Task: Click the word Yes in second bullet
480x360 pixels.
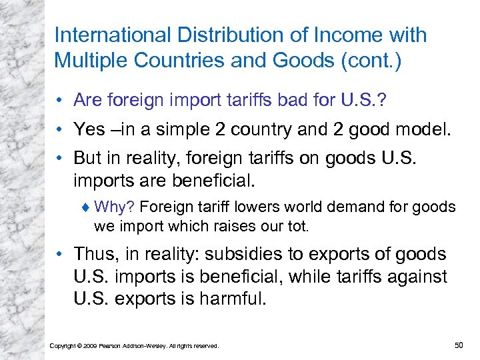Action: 89,128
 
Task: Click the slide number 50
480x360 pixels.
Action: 458,345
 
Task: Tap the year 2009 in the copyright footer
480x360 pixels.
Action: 90,346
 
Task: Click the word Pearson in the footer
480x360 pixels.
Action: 114,346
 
